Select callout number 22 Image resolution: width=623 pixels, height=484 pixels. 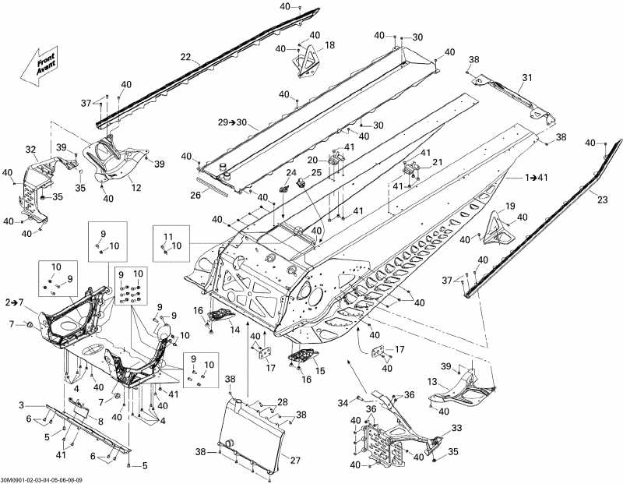(x=185, y=56)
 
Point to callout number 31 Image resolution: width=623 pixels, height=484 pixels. (x=527, y=77)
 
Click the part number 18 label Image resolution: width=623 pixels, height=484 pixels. (x=329, y=46)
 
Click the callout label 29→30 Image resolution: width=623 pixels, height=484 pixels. (x=233, y=123)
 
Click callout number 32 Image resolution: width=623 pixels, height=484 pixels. (x=31, y=150)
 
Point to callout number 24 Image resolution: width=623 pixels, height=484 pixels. (x=291, y=173)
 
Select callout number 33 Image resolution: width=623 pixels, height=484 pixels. (x=456, y=428)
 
